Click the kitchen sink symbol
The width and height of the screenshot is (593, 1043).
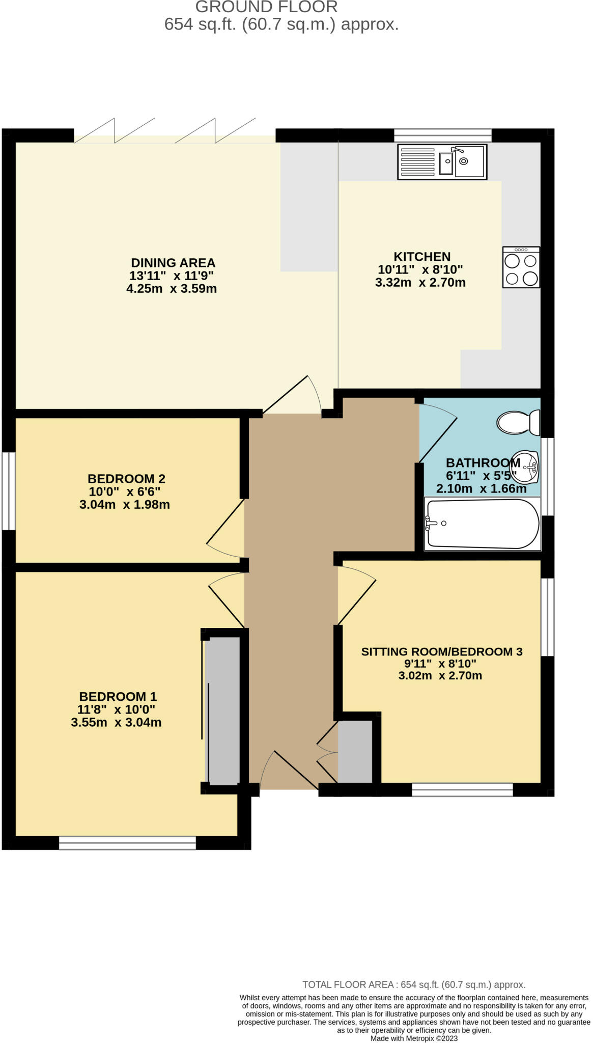click(442, 161)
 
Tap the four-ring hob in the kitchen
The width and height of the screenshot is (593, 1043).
click(521, 267)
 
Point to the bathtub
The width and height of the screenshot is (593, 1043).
click(482, 524)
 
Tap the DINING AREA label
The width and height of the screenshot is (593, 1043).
click(173, 263)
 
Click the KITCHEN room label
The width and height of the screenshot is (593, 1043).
click(422, 257)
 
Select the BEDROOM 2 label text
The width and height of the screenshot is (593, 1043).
click(126, 479)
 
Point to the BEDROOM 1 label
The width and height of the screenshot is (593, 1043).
click(118, 696)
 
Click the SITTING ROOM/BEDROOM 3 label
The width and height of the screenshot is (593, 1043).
click(442, 651)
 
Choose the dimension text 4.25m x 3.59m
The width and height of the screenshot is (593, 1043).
click(172, 289)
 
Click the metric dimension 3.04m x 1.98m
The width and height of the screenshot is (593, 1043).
click(125, 505)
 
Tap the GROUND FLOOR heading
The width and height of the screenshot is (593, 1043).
click(267, 7)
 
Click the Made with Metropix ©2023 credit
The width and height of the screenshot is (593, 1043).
click(414, 1038)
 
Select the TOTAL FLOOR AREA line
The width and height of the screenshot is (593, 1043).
click(414, 985)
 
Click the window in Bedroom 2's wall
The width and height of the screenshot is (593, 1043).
click(9, 491)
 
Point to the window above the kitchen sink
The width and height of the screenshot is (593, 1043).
click(443, 135)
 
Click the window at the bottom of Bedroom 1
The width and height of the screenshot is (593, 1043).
click(127, 842)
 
